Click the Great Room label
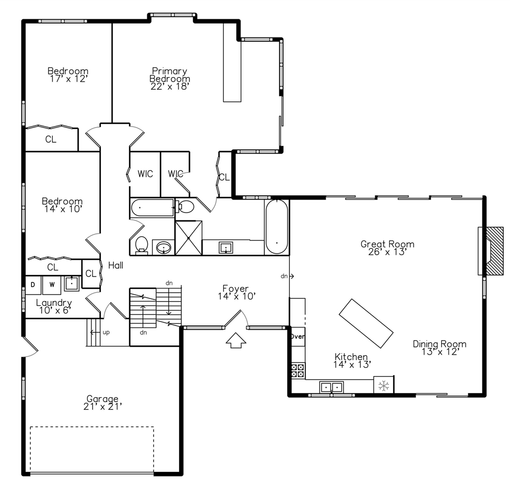coord(388,247)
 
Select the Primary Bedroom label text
coord(170,78)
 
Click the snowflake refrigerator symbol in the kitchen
coord(384,385)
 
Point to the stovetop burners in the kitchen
coord(298,370)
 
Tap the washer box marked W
coord(52,284)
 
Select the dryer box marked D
coord(33,284)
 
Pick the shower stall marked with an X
coord(188,238)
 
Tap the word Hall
coord(116,266)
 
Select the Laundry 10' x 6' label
coord(54,306)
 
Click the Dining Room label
coord(440,347)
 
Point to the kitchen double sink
coord(331,387)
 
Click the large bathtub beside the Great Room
coord(277,227)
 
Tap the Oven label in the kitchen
coord(298,336)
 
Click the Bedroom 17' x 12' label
coord(68,74)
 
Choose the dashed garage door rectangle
coord(92,449)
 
